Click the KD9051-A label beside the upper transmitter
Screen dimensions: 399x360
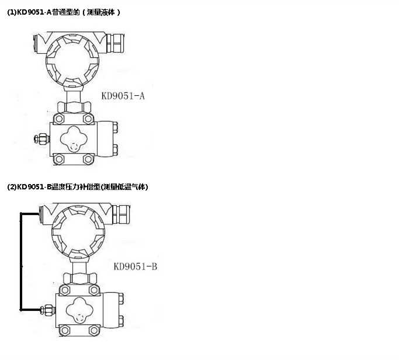[x=123, y=96]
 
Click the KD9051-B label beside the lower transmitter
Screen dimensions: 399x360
[x=136, y=266]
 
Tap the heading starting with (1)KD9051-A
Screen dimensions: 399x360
[x=63, y=12]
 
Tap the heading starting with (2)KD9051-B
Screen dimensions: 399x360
[x=77, y=187]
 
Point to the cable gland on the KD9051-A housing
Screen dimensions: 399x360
[x=115, y=43]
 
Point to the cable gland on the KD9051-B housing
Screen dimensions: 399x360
[x=122, y=214]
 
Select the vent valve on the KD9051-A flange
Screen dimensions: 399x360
[x=42, y=139]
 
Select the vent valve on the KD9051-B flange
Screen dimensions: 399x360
[x=48, y=310]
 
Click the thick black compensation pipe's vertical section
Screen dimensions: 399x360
[x=21, y=262]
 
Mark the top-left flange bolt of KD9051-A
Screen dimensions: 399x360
[x=59, y=119]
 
